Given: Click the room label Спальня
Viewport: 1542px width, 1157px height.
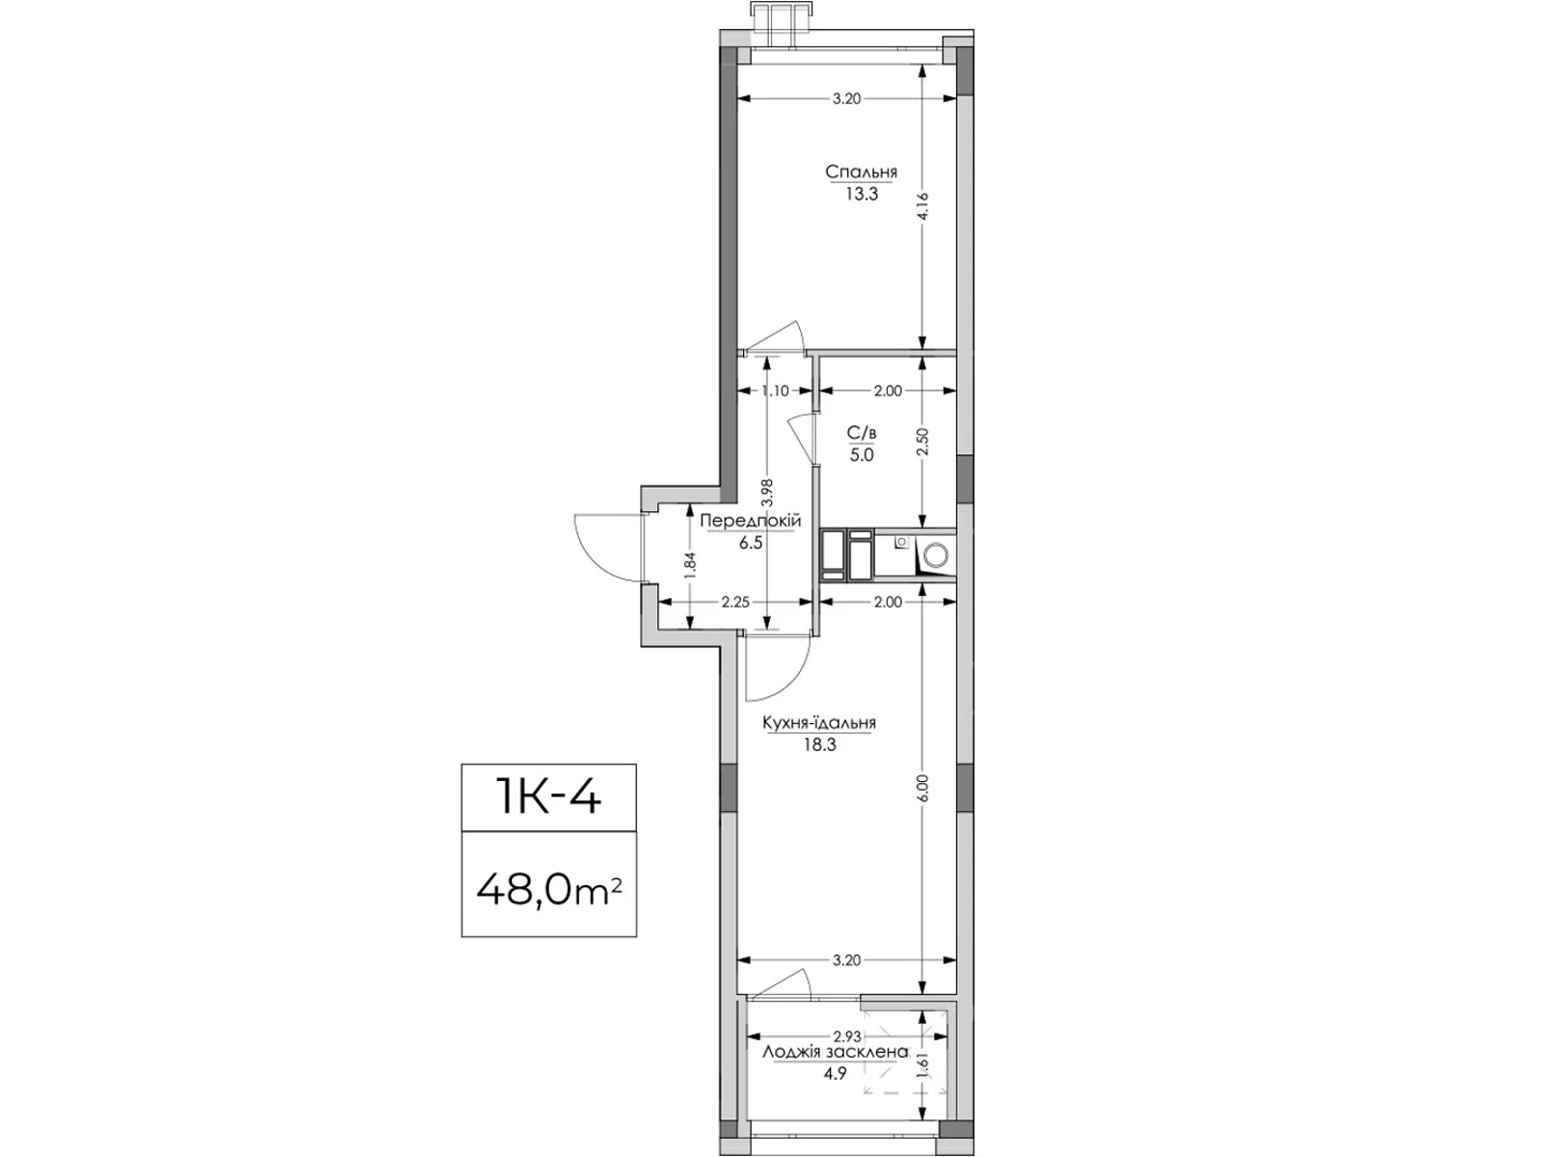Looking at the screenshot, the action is pos(862,172).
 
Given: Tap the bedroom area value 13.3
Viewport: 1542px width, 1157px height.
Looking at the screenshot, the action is pos(862,195).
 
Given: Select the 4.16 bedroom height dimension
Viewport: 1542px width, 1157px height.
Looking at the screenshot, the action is pos(923,205).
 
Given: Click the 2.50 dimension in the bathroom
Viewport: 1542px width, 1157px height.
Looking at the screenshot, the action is pos(923,442).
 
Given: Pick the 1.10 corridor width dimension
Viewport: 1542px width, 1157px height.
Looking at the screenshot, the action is pos(776,391).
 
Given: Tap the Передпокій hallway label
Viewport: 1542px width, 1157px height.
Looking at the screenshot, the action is pos(750,522).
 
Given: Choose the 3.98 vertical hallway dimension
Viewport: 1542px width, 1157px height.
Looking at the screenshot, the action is pos(767,492).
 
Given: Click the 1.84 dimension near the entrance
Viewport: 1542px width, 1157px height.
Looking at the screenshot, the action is pos(690,566).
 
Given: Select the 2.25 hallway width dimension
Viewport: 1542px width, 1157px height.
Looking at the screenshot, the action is pos(735,602).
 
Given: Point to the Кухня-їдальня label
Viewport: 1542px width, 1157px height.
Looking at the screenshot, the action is pos(820,723).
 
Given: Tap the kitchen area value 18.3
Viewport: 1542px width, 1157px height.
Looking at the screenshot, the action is pos(820,745).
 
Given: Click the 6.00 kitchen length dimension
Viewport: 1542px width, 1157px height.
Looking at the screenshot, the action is pos(923,788).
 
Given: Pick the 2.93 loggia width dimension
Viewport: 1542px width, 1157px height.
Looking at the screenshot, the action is pos(847,1036).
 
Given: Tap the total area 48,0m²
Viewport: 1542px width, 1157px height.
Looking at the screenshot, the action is pos(548,891).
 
